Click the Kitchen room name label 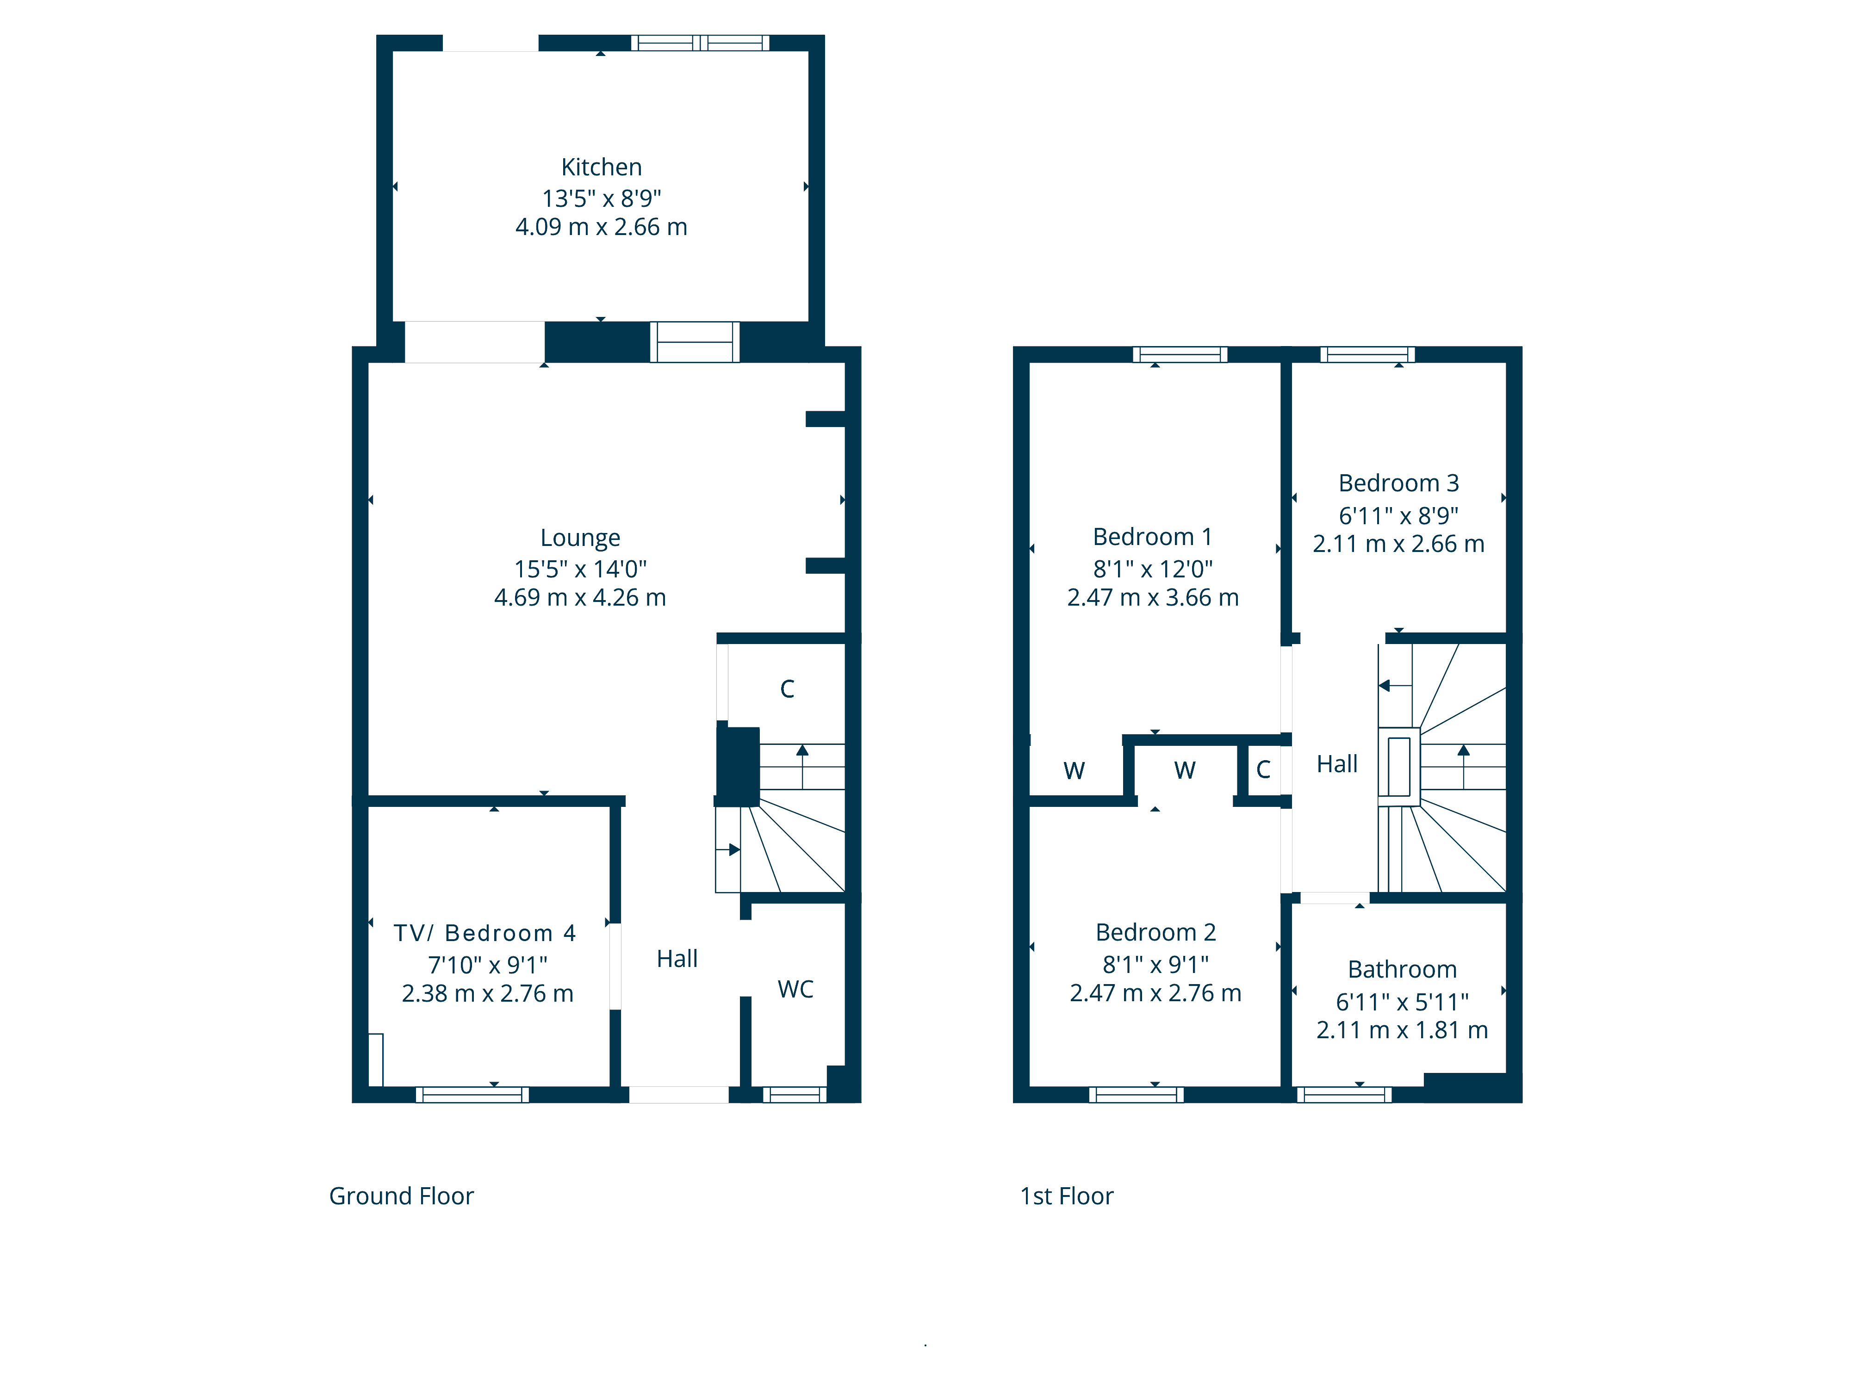[x=601, y=167]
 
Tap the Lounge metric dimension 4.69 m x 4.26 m [x=580, y=597]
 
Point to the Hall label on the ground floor [x=677, y=959]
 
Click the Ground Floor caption [x=402, y=1196]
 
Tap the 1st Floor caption [x=1067, y=1196]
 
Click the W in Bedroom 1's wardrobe [x=1075, y=770]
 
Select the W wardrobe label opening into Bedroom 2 [x=1185, y=770]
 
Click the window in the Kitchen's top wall [x=701, y=43]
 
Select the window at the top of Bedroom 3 [x=1367, y=354]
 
